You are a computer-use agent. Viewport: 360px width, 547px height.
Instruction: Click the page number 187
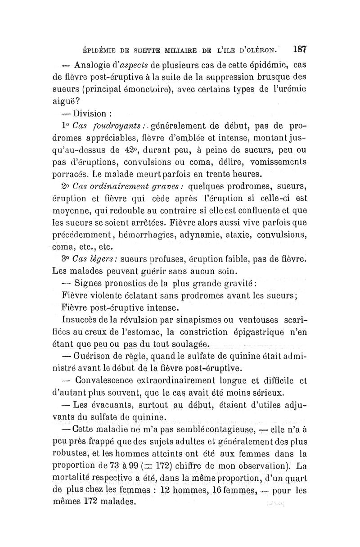point(298,47)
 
